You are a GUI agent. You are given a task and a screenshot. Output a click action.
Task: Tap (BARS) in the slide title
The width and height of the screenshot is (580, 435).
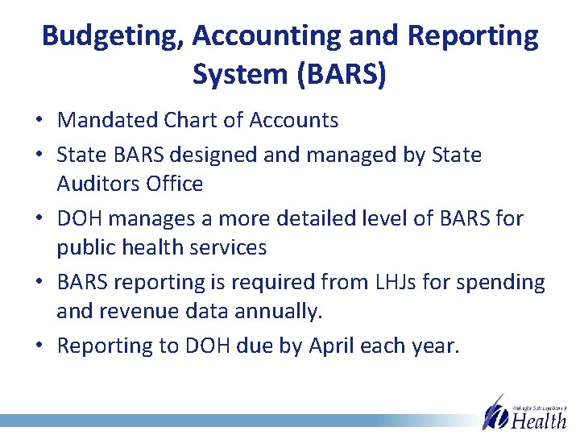(342, 74)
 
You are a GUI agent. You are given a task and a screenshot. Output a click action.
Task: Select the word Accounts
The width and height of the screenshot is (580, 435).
(294, 121)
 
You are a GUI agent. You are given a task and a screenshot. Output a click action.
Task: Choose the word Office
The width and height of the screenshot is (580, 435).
(176, 184)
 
